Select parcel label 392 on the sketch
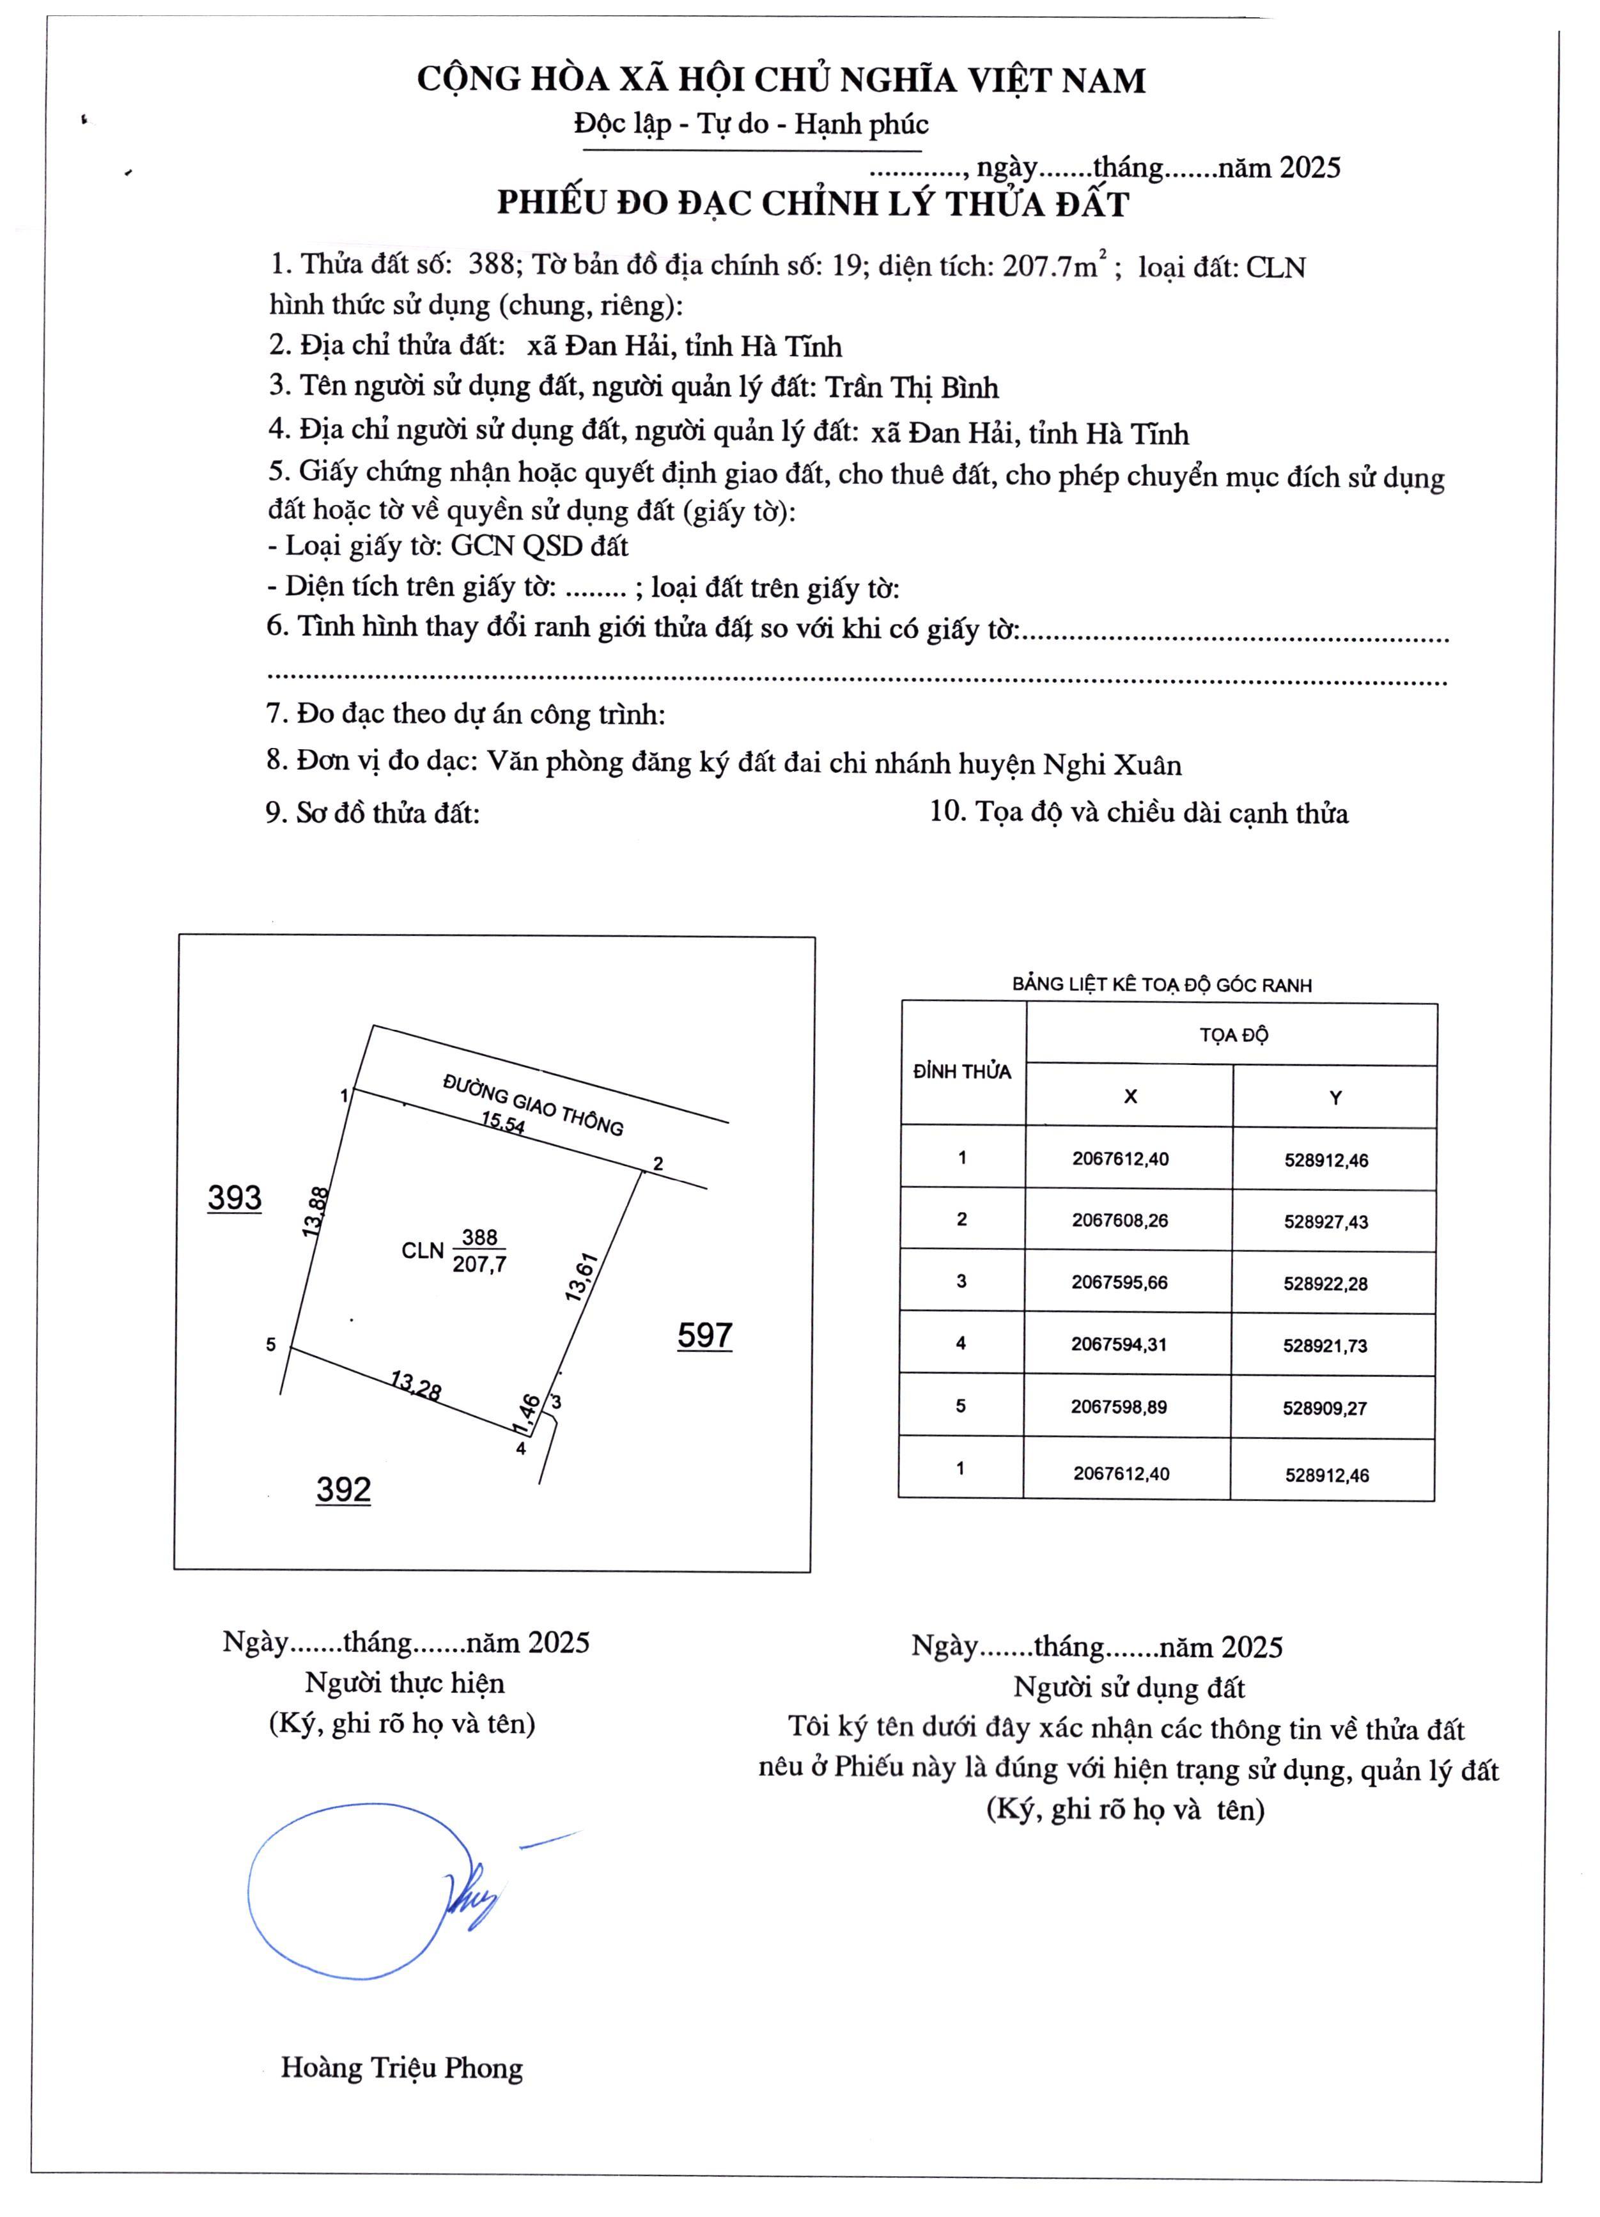pos(343,1489)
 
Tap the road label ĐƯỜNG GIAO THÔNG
pos(534,1103)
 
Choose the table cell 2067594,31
pos(1119,1344)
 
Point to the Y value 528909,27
pos(1325,1408)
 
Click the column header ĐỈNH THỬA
pos(962,1071)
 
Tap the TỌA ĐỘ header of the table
pos(1234,1034)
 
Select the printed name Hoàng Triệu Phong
pos(401,2067)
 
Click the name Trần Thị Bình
pos(912,388)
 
